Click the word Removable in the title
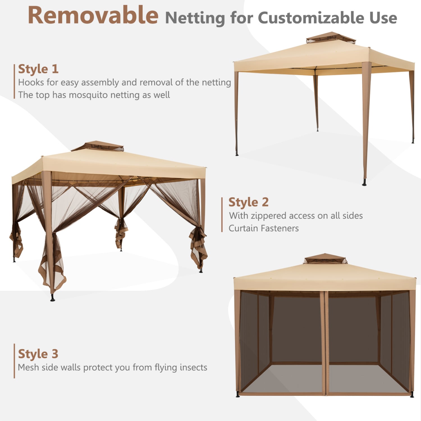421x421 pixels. coord(93,15)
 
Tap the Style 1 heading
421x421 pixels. coord(38,69)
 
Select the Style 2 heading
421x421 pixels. coord(248,202)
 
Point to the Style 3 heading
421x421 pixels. coord(38,354)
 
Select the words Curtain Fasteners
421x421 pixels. coord(264,228)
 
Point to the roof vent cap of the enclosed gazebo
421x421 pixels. coord(324,258)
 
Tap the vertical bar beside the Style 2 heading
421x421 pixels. coord(222,215)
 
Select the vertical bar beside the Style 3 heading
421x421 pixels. coord(14,361)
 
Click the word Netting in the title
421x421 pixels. coord(195,18)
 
